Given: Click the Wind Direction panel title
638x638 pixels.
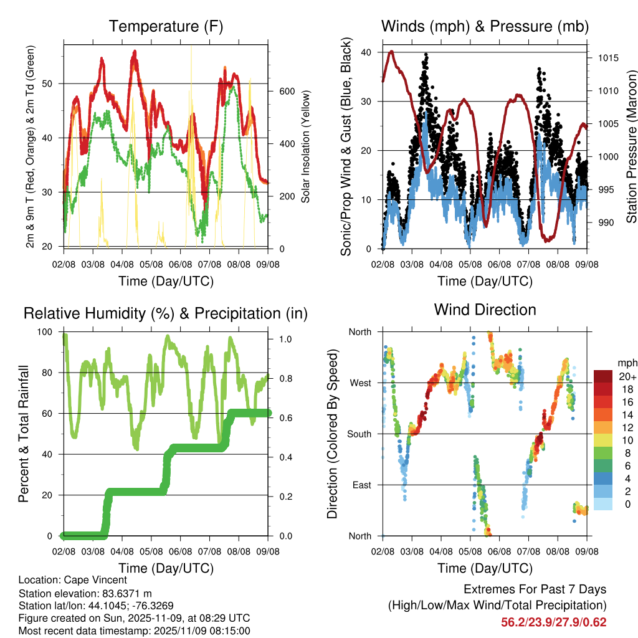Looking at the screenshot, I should [485, 310].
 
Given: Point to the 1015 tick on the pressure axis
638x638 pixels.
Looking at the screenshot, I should [607, 59].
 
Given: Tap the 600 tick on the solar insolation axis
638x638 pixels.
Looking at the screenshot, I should [287, 91].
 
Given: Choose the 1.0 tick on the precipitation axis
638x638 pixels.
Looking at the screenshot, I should [285, 340].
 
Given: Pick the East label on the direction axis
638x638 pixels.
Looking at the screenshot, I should [361, 485].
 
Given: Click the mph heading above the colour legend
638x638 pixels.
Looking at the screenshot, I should [627, 363].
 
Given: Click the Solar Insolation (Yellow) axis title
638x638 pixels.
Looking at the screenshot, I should [306, 147].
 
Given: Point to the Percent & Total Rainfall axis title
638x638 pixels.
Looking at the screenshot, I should [24, 434].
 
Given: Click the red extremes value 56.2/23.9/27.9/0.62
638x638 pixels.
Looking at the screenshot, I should [553, 622].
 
